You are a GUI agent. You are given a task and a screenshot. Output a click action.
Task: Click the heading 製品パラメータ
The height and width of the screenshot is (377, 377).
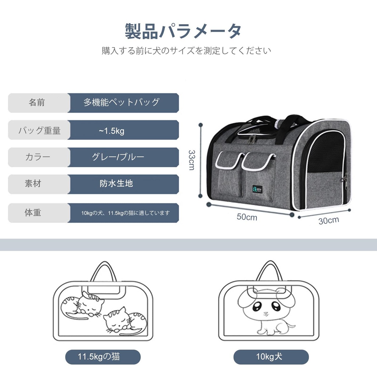pos(183,31)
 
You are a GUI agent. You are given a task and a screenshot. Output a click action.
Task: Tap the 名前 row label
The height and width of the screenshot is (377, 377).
pos(37,102)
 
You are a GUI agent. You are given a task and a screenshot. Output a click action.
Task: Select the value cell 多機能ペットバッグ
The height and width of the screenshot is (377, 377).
pos(121,102)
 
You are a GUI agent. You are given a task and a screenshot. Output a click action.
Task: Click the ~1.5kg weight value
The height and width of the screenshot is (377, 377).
pos(112,130)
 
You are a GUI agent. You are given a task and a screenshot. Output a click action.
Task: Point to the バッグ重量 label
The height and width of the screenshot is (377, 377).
pos(39,130)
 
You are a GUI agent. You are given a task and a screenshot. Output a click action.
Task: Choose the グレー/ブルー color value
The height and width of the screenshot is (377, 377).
pos(118,157)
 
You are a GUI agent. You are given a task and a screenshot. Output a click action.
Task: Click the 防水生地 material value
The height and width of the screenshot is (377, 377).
pos(116,183)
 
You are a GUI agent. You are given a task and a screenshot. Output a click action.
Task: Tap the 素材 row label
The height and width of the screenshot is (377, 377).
pos(33,183)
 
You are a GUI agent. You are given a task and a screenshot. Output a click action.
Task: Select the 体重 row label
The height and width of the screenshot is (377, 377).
pos(33,212)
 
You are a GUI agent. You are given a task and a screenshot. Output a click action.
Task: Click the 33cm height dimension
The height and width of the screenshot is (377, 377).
pos(192,160)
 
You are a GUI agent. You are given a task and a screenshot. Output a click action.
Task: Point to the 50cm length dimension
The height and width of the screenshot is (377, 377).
pos(247,217)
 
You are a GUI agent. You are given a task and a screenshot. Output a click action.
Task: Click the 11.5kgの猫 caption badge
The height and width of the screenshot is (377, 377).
pos(99,357)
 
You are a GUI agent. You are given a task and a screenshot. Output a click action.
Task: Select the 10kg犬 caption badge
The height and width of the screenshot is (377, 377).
pos(269,357)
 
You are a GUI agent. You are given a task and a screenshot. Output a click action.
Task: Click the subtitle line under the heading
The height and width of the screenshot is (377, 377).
pos(186,51)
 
